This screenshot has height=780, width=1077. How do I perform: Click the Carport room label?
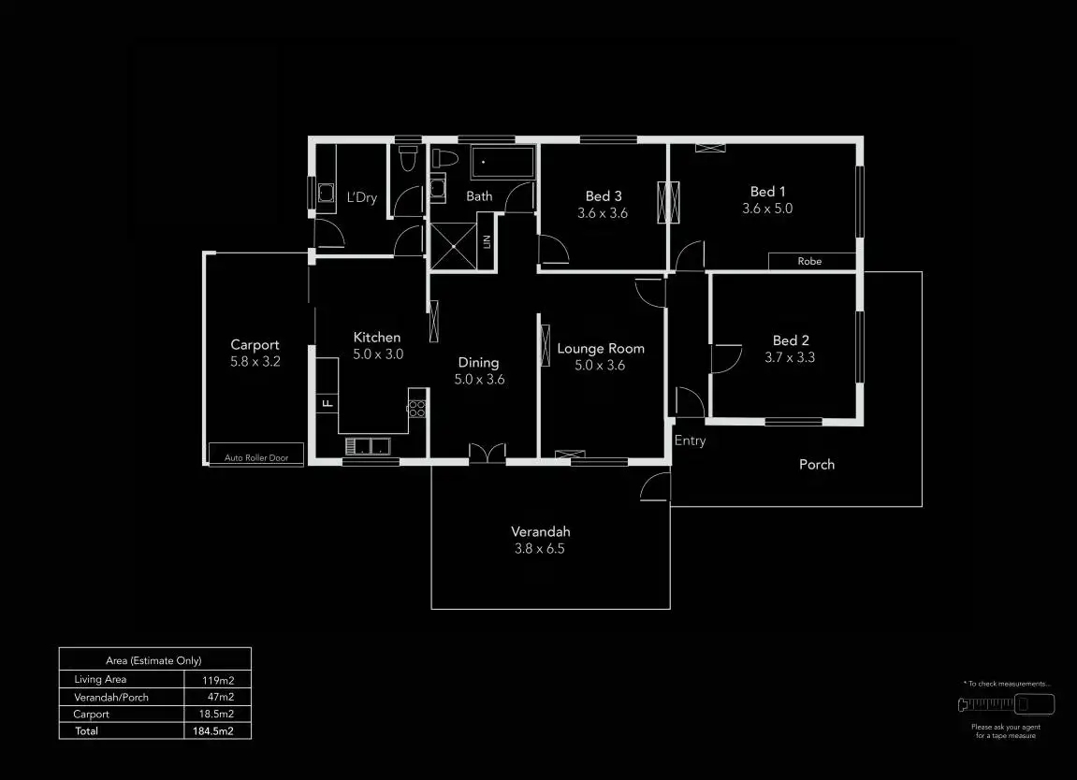(x=255, y=345)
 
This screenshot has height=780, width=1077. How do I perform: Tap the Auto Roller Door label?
(x=255, y=457)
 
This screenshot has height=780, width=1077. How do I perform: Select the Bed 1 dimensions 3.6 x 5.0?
(x=766, y=209)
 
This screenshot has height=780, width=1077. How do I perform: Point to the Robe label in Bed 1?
(x=809, y=262)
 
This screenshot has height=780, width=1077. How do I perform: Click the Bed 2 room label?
(x=791, y=340)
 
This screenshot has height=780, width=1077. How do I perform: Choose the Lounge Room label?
(x=601, y=349)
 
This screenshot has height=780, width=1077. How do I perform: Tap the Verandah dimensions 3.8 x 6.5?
(x=540, y=549)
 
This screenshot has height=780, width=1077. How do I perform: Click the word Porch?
(x=816, y=465)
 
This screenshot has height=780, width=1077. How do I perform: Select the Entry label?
(x=690, y=441)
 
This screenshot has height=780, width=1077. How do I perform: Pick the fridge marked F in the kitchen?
(x=327, y=404)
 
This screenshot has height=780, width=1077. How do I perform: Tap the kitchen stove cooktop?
(x=417, y=408)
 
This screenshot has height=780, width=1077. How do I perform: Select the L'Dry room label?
(x=362, y=197)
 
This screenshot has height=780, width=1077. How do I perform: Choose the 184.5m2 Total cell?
(x=217, y=731)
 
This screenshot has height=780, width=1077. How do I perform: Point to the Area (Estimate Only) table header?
(x=154, y=660)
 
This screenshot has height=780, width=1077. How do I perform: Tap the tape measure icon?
(x=1006, y=704)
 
